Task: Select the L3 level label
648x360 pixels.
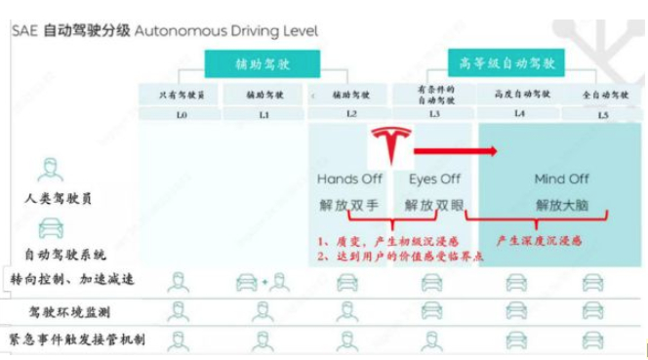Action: click(432, 115)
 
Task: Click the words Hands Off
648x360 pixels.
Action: click(349, 180)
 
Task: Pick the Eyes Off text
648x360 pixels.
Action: click(434, 180)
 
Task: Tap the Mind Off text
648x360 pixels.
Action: click(563, 180)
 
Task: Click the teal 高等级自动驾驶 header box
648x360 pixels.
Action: click(506, 63)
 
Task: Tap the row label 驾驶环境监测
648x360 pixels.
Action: click(70, 311)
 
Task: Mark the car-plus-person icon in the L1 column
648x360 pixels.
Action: click(263, 282)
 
